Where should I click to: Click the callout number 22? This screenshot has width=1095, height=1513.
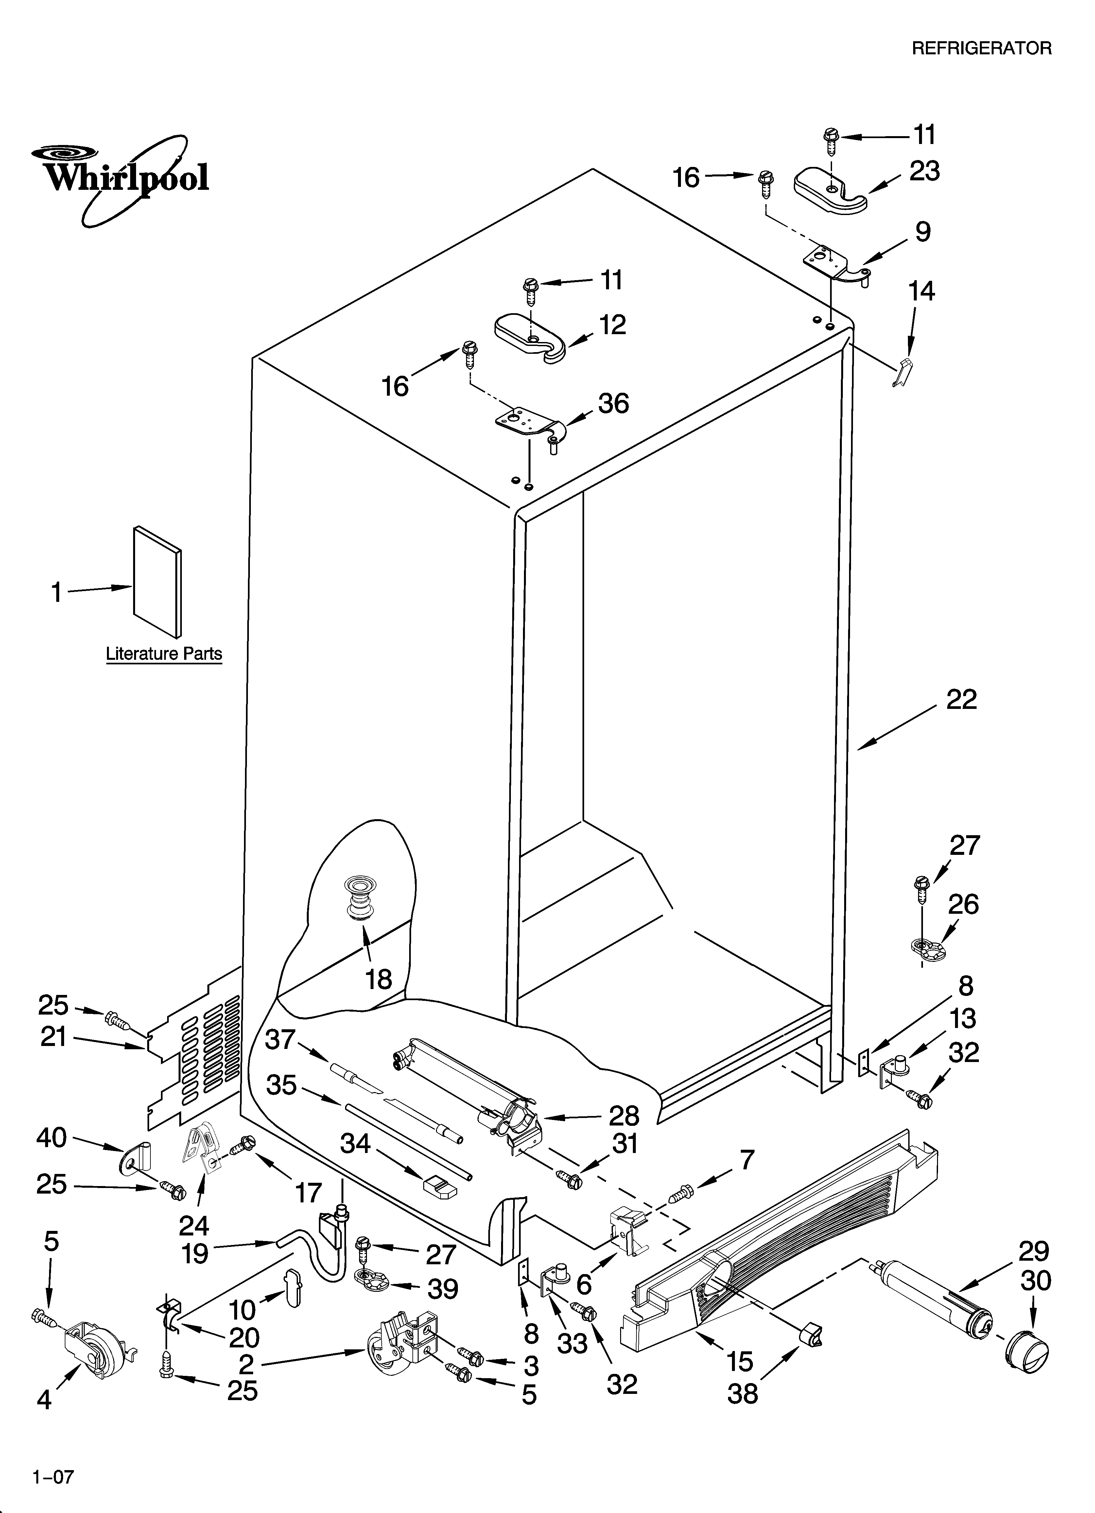click(x=961, y=699)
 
